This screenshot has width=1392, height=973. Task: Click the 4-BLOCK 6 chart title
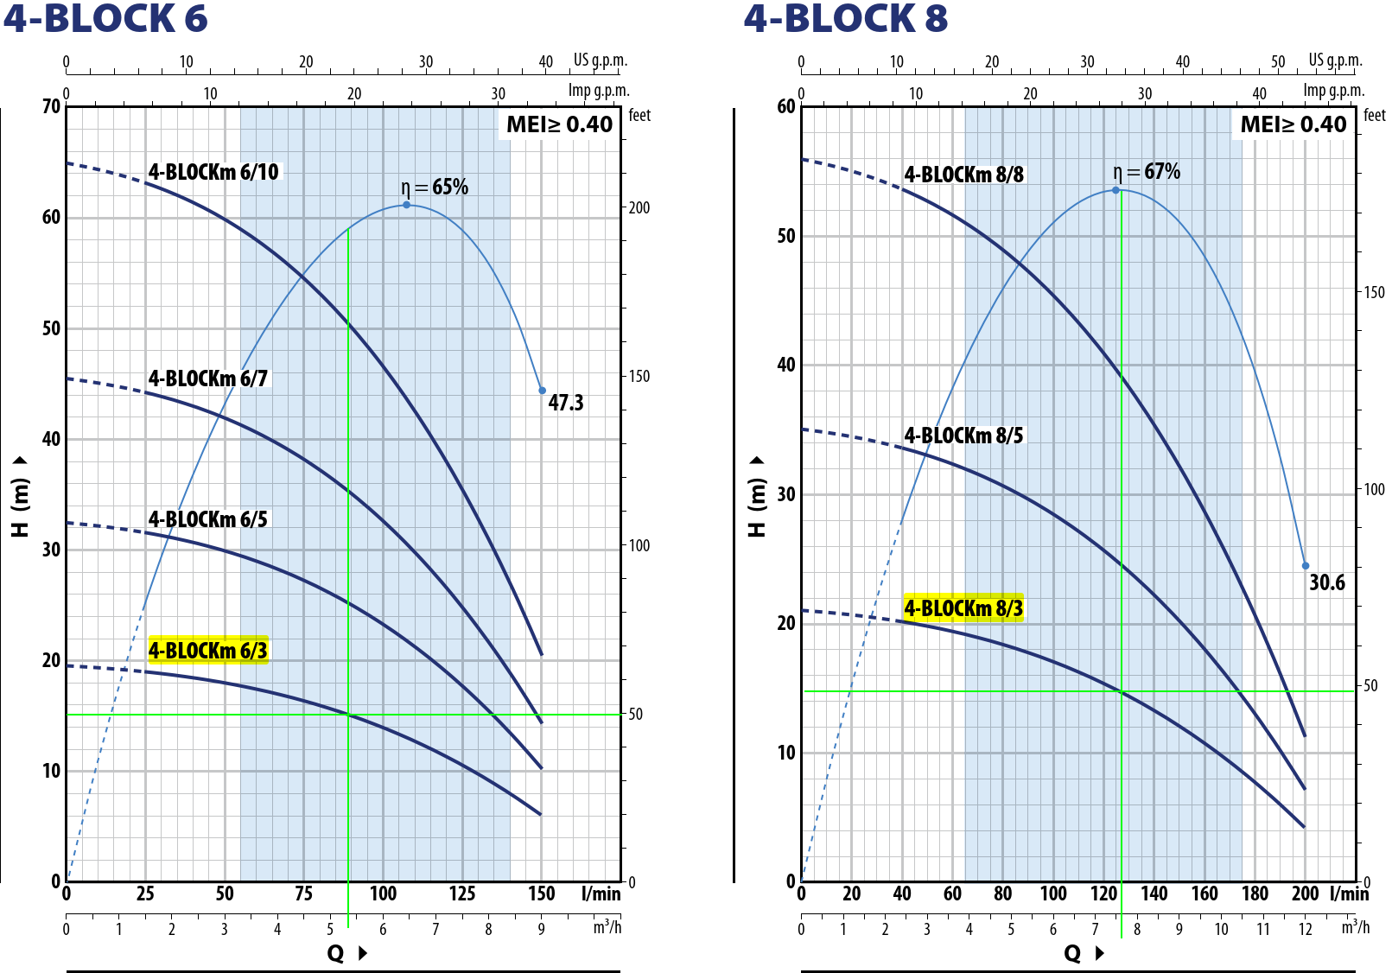tap(105, 19)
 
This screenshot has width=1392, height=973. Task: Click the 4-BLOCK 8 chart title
tap(845, 19)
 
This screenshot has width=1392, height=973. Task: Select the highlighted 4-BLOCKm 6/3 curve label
tap(208, 650)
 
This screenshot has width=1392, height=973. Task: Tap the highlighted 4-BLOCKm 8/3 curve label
tap(963, 608)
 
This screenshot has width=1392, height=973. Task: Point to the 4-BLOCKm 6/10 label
tap(213, 172)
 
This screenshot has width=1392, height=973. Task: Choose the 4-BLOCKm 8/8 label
tap(963, 175)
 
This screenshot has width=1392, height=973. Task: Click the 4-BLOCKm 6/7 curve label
tap(208, 378)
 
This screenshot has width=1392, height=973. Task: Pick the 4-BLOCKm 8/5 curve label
tap(963, 436)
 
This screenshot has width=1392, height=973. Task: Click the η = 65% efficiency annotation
tap(435, 187)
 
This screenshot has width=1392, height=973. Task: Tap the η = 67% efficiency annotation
tap(1147, 171)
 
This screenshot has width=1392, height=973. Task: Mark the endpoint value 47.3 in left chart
tap(566, 403)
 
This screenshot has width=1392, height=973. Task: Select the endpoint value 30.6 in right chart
tap(1326, 582)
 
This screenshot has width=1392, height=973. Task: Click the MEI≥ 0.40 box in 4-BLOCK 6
tap(559, 124)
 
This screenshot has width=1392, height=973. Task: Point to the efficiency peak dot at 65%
tap(406, 205)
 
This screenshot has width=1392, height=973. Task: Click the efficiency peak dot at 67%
tap(1116, 190)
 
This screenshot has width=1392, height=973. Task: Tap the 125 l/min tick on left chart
tap(462, 894)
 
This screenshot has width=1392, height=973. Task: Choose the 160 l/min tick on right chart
tap(1204, 894)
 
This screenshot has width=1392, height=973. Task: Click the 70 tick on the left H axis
tap(51, 106)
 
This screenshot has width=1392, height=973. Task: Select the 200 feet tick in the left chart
tap(639, 207)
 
